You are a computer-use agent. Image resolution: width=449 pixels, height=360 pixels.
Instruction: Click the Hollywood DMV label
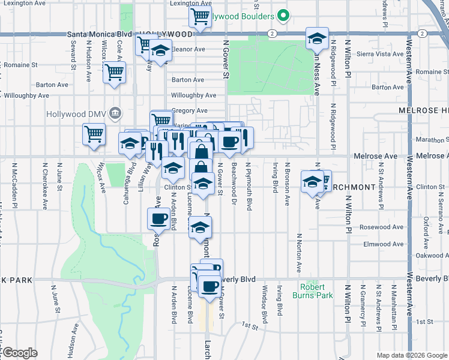click(79, 113)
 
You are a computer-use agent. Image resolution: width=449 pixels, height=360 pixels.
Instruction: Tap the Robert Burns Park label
click(312, 292)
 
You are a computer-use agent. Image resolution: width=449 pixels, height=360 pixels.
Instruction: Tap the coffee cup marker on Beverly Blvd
click(209, 286)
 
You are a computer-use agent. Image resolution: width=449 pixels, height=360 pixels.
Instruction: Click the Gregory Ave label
click(190, 110)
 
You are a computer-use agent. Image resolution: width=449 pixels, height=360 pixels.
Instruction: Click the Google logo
click(19, 353)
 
